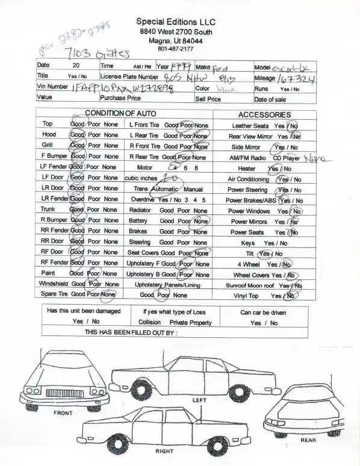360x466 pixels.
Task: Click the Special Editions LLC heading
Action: point(176,21)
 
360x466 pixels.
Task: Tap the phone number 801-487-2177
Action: point(176,49)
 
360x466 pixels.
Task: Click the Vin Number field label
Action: point(52,87)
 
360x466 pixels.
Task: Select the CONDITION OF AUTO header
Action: point(120,114)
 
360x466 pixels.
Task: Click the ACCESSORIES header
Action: point(264,114)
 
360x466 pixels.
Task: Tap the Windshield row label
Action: point(54,284)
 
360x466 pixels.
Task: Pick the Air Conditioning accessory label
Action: point(248,179)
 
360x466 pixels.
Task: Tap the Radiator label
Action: point(140,210)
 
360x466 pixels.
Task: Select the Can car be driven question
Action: point(263,312)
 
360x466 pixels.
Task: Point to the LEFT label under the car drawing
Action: point(199,400)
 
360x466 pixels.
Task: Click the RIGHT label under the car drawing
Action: point(164,450)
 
